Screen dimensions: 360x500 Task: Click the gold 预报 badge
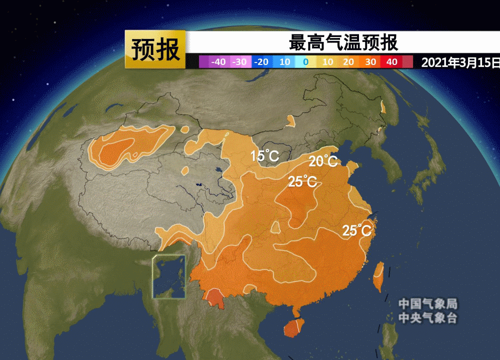point(155,49)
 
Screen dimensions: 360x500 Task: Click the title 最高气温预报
point(343,42)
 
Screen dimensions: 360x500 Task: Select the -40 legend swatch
point(218,62)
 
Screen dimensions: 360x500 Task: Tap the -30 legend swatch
point(240,62)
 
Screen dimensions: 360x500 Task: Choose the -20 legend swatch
point(261,62)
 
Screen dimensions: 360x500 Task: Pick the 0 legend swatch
point(305,62)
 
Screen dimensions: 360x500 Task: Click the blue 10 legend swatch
point(284,62)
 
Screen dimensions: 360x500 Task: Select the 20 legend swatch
point(349,62)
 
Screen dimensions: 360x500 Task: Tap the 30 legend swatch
point(370,62)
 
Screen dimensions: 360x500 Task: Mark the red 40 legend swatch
point(392,62)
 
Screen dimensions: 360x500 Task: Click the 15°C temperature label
point(265,155)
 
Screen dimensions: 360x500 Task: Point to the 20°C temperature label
point(323,161)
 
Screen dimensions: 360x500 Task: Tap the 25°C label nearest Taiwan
point(357,230)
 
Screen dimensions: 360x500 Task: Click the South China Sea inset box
point(168,276)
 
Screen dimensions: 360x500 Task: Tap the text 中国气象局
point(427,303)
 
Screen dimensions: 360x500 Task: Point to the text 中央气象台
point(427,317)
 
